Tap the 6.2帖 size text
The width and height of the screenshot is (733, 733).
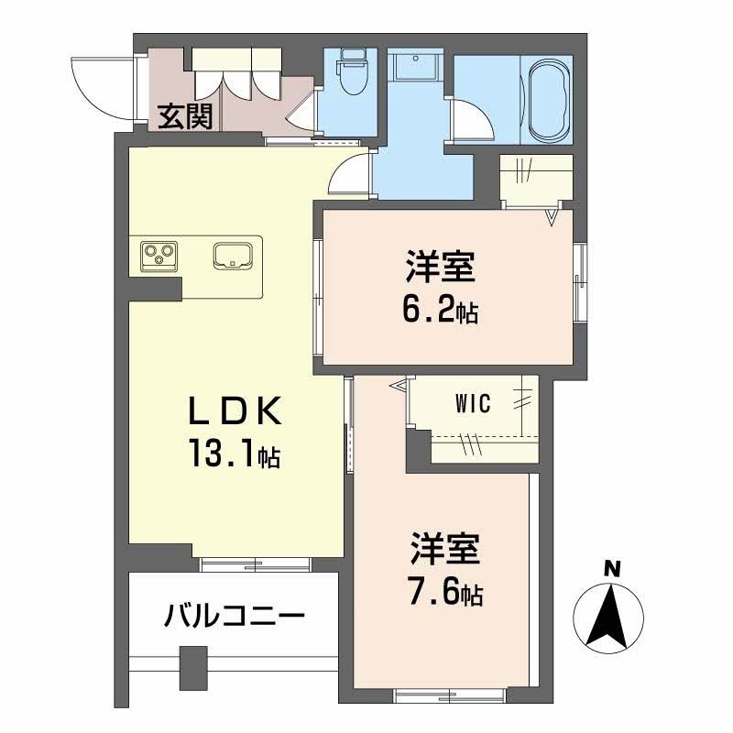(x=440, y=312)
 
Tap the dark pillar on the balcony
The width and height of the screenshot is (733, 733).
(x=191, y=666)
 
